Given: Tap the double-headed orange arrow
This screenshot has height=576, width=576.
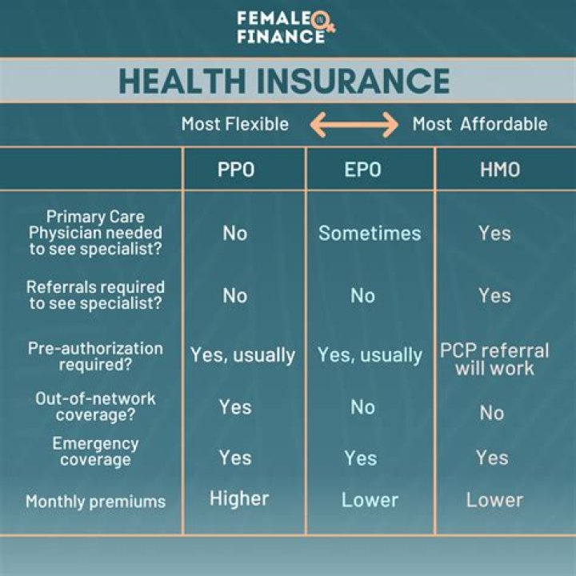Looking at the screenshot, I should (x=354, y=124).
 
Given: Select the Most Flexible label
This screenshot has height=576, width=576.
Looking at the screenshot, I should (x=234, y=124).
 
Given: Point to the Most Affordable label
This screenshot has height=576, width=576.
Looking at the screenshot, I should (x=480, y=124).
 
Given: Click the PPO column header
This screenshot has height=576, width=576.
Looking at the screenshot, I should (x=236, y=170).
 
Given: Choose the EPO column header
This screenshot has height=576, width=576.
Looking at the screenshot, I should (x=362, y=170).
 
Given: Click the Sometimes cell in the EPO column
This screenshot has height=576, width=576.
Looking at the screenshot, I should (x=370, y=233).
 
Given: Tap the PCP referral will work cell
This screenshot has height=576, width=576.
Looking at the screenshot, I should (x=494, y=360).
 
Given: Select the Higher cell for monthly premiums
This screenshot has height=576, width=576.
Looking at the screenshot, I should (x=239, y=498).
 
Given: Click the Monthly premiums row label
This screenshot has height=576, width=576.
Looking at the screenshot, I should (x=95, y=502).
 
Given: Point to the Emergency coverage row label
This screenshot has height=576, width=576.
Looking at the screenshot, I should (x=95, y=451).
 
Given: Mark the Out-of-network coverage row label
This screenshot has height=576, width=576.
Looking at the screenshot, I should (x=95, y=406).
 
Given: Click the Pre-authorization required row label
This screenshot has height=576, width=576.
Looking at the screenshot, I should (x=95, y=357).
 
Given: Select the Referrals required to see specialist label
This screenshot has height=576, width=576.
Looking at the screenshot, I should (x=95, y=294).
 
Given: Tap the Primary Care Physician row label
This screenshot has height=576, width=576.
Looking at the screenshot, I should (x=95, y=233).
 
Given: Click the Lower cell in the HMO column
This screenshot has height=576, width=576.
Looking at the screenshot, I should (x=494, y=500).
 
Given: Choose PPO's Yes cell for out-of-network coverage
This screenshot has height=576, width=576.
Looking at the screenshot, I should (x=235, y=407).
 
